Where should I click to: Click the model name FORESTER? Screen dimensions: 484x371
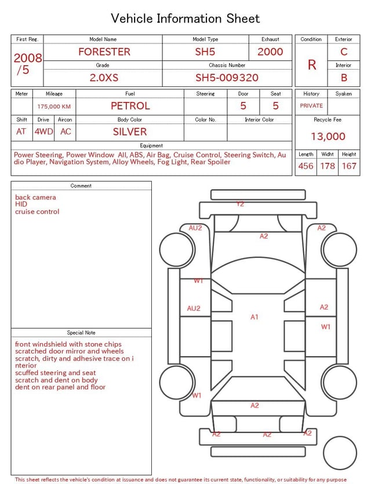tap(104, 52)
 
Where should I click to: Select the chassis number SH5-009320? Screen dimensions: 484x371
tap(227, 78)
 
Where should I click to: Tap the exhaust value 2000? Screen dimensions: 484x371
tap(270, 52)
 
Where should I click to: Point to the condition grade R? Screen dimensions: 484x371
tap(312, 65)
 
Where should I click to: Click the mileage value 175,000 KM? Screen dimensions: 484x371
tap(54, 107)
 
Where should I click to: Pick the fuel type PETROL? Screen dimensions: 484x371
tap(130, 106)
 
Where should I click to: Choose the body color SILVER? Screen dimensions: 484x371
tap(130, 132)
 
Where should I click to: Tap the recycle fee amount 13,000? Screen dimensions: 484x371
tap(328, 136)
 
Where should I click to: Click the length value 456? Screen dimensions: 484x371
tap(305, 166)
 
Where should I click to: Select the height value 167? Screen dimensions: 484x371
tap(349, 166)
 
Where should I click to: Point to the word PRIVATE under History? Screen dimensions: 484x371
tap(311, 106)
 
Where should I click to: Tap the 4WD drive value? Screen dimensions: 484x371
tap(43, 132)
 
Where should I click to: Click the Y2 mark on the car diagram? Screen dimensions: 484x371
tap(240, 204)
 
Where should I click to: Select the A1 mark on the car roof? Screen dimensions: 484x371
tap(254, 317)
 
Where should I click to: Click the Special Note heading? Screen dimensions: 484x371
tap(81, 333)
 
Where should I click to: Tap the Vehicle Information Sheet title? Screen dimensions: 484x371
tap(185, 19)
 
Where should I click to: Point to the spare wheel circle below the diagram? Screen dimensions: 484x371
tap(340, 453)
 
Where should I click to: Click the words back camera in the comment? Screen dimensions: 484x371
tap(35, 198)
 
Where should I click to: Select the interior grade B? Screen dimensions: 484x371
tap(344, 78)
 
